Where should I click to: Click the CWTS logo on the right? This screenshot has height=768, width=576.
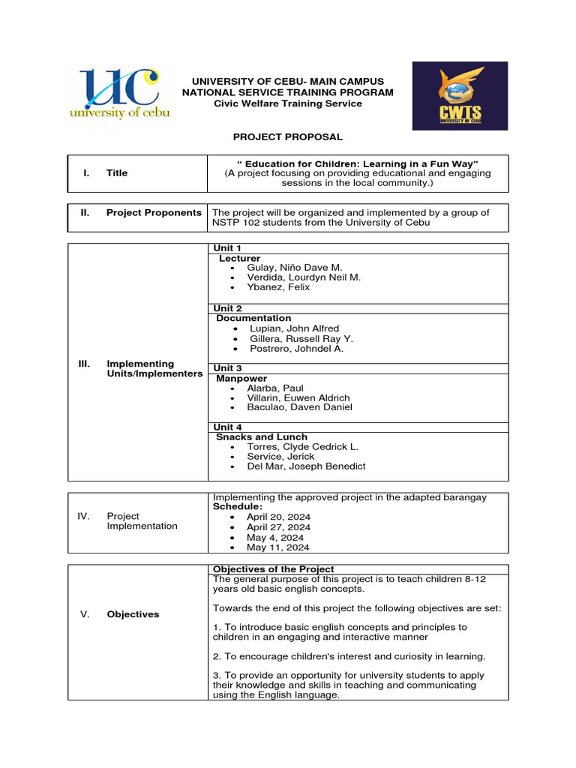point(460,95)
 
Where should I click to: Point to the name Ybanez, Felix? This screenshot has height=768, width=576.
point(278,287)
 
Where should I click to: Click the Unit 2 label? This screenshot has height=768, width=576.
point(227,308)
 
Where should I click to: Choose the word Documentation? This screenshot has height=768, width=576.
point(253,318)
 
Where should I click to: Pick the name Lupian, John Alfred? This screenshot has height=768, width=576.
point(294,328)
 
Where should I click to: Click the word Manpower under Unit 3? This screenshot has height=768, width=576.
point(241,379)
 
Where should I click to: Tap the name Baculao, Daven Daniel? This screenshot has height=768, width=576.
point(299,407)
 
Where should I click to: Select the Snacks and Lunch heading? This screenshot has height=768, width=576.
point(262,436)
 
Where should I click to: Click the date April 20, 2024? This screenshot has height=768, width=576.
point(278,517)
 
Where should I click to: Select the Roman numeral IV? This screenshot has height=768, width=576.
point(84,516)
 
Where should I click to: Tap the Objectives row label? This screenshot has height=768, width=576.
point(133,614)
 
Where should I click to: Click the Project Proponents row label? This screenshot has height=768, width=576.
point(154,213)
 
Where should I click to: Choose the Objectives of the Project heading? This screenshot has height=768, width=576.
point(274,569)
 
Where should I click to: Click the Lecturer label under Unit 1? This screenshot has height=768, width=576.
point(239,258)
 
